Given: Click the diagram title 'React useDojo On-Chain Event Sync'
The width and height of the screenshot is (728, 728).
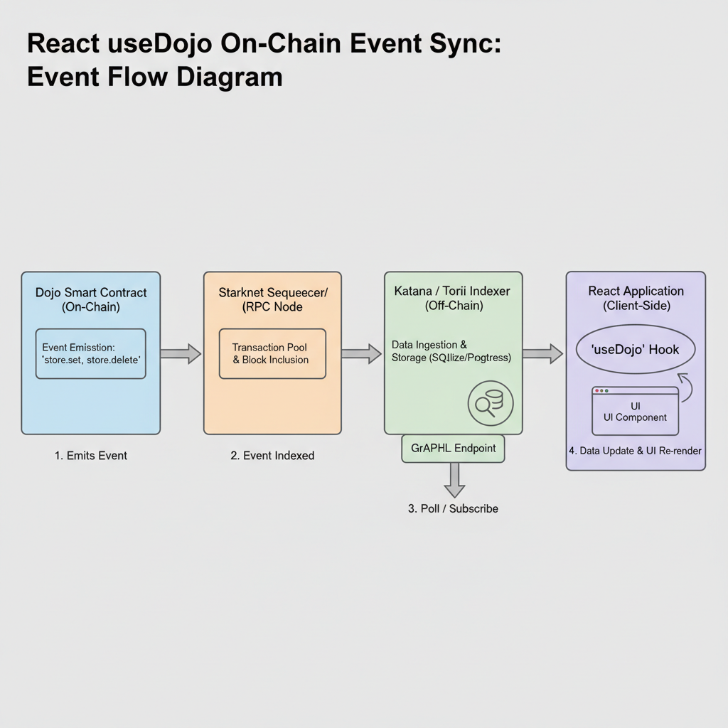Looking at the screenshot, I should point(263,44).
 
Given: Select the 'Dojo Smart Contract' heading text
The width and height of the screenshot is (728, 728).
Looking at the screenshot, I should point(91,292).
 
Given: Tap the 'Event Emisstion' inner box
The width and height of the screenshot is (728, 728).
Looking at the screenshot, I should point(91,353).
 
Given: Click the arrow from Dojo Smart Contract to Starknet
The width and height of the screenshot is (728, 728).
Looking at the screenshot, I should point(181,353).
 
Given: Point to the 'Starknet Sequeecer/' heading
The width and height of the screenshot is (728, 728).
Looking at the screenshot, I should point(272,292).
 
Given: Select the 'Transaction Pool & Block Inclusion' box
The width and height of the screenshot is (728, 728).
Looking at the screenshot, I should point(272,353).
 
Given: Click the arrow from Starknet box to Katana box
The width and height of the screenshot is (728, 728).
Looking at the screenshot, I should point(362,353).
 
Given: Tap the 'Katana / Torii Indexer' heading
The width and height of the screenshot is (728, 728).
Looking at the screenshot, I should point(452,291).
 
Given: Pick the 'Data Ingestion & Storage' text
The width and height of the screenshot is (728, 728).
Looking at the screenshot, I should point(451,351).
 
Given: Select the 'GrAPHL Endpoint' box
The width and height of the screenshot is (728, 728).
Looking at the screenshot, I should point(454,449).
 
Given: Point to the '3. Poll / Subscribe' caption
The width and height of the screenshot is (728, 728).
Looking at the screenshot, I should point(453,508).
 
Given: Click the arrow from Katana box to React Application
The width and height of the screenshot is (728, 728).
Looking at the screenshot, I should point(543,353).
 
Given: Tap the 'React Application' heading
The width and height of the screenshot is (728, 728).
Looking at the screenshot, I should point(636,291).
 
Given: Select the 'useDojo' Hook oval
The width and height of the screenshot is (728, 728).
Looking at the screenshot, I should point(635,350).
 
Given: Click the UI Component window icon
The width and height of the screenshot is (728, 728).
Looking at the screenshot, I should point(635,411).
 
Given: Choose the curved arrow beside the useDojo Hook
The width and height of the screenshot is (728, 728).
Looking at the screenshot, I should point(686,387).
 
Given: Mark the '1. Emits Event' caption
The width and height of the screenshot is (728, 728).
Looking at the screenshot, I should point(91,456).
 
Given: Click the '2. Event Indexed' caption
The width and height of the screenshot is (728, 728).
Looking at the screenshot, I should point(272,456).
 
